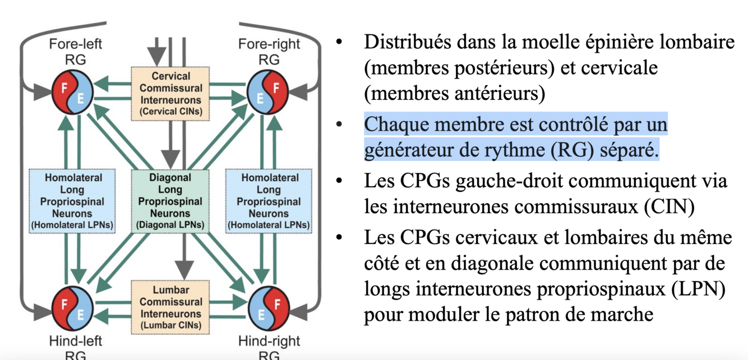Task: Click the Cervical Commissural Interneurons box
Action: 170,94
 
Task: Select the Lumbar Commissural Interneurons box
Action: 170,307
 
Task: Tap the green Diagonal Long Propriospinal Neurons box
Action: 170,201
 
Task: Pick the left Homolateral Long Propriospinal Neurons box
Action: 72,201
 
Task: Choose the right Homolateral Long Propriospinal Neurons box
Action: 268,201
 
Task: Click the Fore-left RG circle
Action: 73,93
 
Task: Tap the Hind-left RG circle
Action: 73,308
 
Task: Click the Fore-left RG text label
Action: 75,51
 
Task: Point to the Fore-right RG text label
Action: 269,51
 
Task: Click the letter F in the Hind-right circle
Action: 275,302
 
